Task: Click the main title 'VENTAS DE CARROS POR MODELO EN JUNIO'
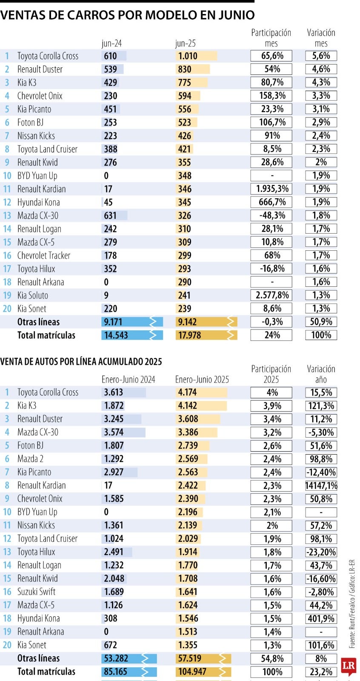127,15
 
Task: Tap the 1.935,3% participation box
271,189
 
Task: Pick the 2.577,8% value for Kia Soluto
271,295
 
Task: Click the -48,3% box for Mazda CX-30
271,216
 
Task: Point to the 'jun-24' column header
111,43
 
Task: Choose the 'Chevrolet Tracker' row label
43,255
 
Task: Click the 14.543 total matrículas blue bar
131,335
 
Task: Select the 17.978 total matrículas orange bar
206,335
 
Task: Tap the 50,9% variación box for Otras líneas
321,322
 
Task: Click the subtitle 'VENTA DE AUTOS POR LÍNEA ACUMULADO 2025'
81,362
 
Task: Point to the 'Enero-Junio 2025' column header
202,380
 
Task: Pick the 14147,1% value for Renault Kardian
321,486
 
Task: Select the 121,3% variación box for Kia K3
321,406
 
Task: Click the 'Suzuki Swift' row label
36,592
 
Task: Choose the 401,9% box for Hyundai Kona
321,619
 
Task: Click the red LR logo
349,666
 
